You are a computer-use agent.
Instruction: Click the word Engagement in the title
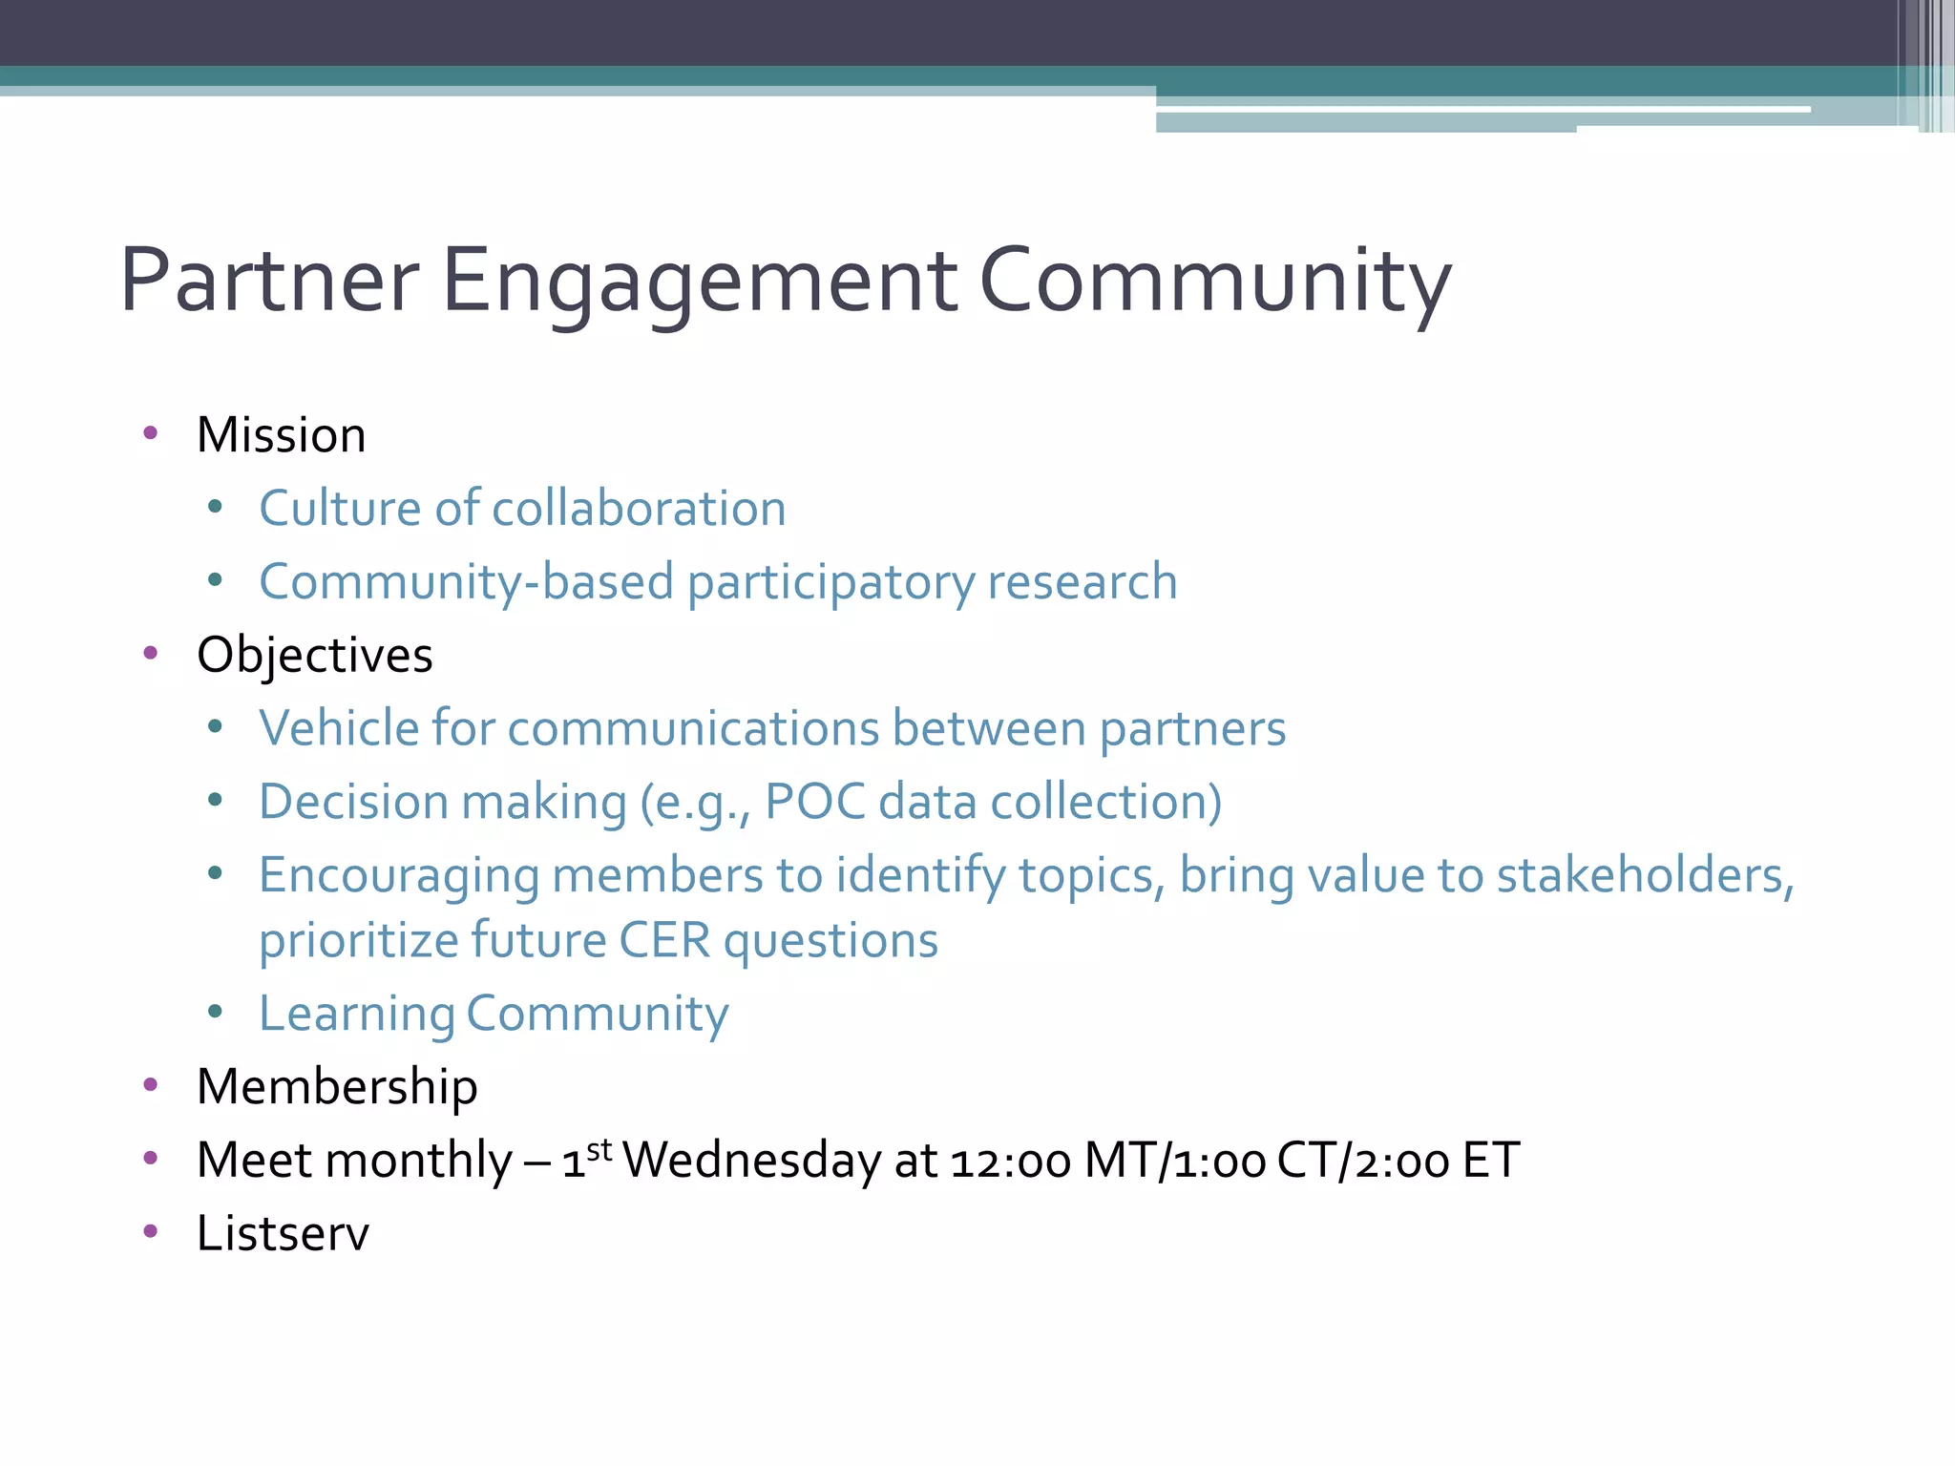pos(700,282)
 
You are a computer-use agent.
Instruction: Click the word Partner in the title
pos(269,282)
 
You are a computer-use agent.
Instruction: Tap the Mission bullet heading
pos(282,435)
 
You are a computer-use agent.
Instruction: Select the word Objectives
pos(315,656)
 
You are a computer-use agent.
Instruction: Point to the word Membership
pos(337,1087)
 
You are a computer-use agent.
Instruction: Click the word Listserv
pos(283,1233)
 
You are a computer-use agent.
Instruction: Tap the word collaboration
pos(639,508)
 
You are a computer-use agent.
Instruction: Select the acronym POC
pos(815,802)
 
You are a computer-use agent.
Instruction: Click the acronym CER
pos(664,941)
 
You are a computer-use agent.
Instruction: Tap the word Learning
pos(356,1014)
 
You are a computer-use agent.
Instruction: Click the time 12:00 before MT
pos(1011,1162)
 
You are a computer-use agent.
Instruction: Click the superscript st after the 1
pos(599,1149)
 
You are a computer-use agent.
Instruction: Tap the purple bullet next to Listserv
pos(150,1231)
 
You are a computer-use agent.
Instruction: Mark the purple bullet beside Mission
pos(150,433)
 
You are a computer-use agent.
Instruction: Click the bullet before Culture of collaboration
pos(215,507)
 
